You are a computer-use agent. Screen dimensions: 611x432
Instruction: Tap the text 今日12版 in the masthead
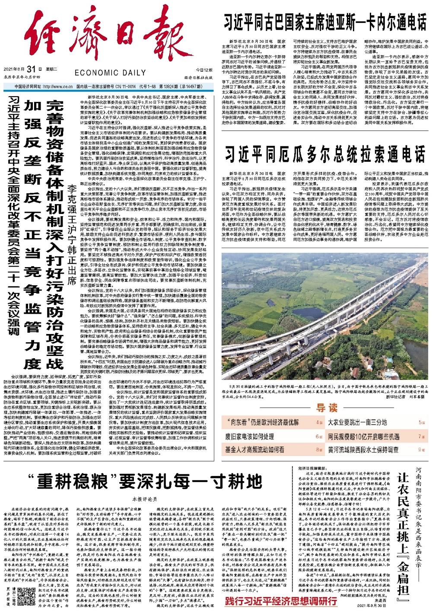tap(204, 69)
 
